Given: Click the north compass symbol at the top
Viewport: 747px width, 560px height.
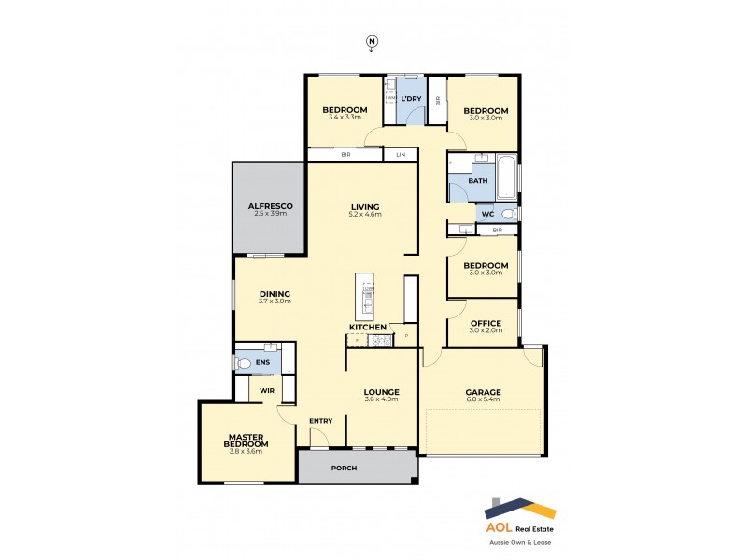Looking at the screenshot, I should [372, 41].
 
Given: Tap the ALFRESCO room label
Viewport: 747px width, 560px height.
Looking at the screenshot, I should [271, 209].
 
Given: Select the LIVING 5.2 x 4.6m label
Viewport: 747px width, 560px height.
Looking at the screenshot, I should [365, 210].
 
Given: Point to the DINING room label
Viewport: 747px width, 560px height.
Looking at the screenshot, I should [275, 297].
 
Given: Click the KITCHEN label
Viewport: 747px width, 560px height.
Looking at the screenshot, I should [368, 328].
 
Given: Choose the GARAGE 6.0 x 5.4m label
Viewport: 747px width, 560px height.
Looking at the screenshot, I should [483, 395].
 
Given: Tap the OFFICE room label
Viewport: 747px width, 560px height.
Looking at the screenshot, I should [486, 326].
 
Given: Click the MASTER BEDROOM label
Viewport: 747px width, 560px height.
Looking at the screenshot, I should [248, 441].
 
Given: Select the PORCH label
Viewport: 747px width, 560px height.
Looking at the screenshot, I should [344, 468].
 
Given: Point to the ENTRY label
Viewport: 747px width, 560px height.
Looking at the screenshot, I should [320, 421].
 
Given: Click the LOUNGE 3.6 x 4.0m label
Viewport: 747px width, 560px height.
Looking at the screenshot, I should [381, 395].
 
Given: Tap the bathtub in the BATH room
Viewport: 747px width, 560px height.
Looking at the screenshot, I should [505, 177].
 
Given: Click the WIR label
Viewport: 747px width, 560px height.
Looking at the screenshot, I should [266, 390].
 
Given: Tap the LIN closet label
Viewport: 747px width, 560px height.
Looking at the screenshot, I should [402, 155].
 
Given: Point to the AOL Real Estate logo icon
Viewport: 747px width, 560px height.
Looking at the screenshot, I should [519, 511].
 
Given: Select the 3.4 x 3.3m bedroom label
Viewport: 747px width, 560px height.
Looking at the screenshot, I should [346, 114].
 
